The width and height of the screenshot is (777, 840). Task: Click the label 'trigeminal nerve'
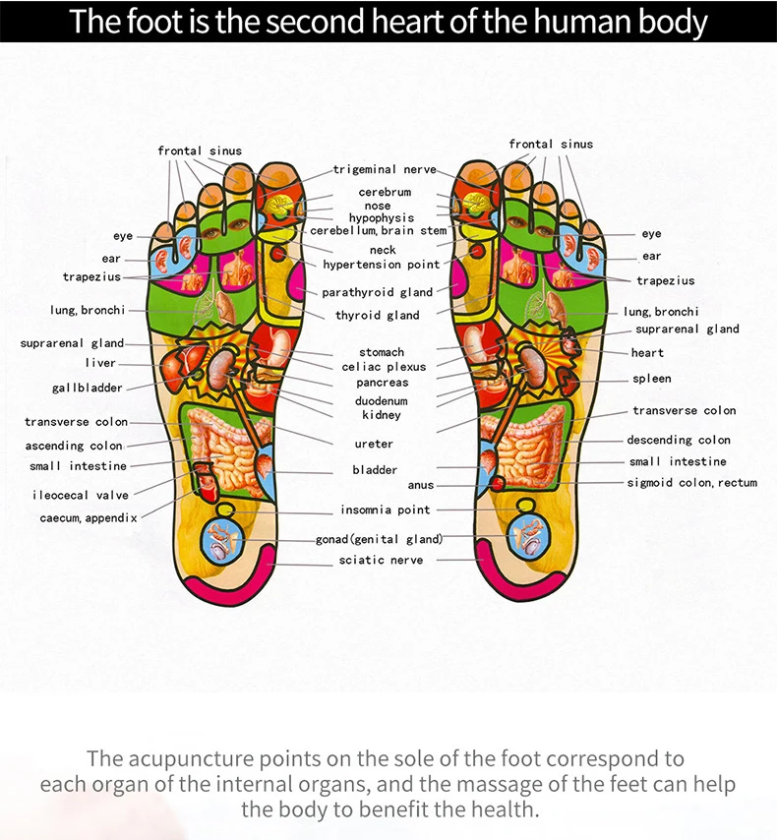tap(384, 170)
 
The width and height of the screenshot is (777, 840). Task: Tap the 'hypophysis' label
tap(382, 217)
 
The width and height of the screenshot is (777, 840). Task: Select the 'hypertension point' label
tap(382, 265)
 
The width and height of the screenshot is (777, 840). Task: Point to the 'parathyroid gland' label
tap(378, 292)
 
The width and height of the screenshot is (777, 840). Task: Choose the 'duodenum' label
tap(381, 401)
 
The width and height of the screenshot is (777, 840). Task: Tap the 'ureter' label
tap(374, 444)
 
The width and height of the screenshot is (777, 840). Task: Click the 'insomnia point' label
tap(386, 510)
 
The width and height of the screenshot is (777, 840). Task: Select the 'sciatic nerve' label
tap(381, 560)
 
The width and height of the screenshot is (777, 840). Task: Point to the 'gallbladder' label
tap(88, 388)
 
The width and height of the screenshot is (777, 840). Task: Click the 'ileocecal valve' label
tap(80, 495)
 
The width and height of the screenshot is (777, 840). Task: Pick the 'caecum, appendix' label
tap(90, 516)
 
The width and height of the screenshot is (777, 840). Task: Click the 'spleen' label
tap(652, 379)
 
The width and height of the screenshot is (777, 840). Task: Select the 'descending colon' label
tap(679, 440)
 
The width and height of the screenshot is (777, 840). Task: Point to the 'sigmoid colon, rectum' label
tap(692, 483)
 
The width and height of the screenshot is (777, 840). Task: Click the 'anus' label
tap(420, 485)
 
